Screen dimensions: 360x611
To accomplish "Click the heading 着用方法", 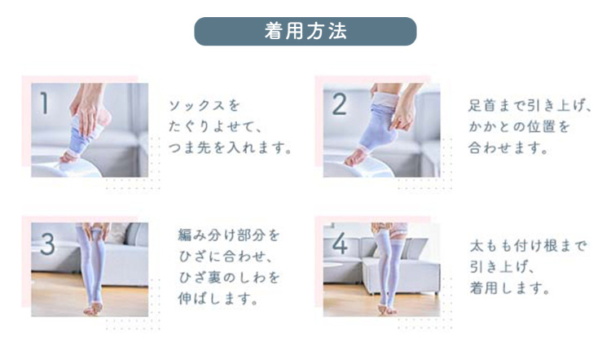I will pos(305,32).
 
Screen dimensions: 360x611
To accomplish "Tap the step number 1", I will pos(44,103).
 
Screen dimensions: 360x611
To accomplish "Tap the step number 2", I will pos(339,103).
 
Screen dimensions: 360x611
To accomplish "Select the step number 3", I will pos(46,243).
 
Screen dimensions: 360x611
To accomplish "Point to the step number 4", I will pos(340,243).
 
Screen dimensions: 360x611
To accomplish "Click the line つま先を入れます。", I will pos(230,149).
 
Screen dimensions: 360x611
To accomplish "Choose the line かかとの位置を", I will pos(518,127).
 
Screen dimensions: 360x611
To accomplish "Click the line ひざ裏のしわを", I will pos(229,278).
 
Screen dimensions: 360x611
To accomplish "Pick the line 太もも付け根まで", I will pos(527,246).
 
